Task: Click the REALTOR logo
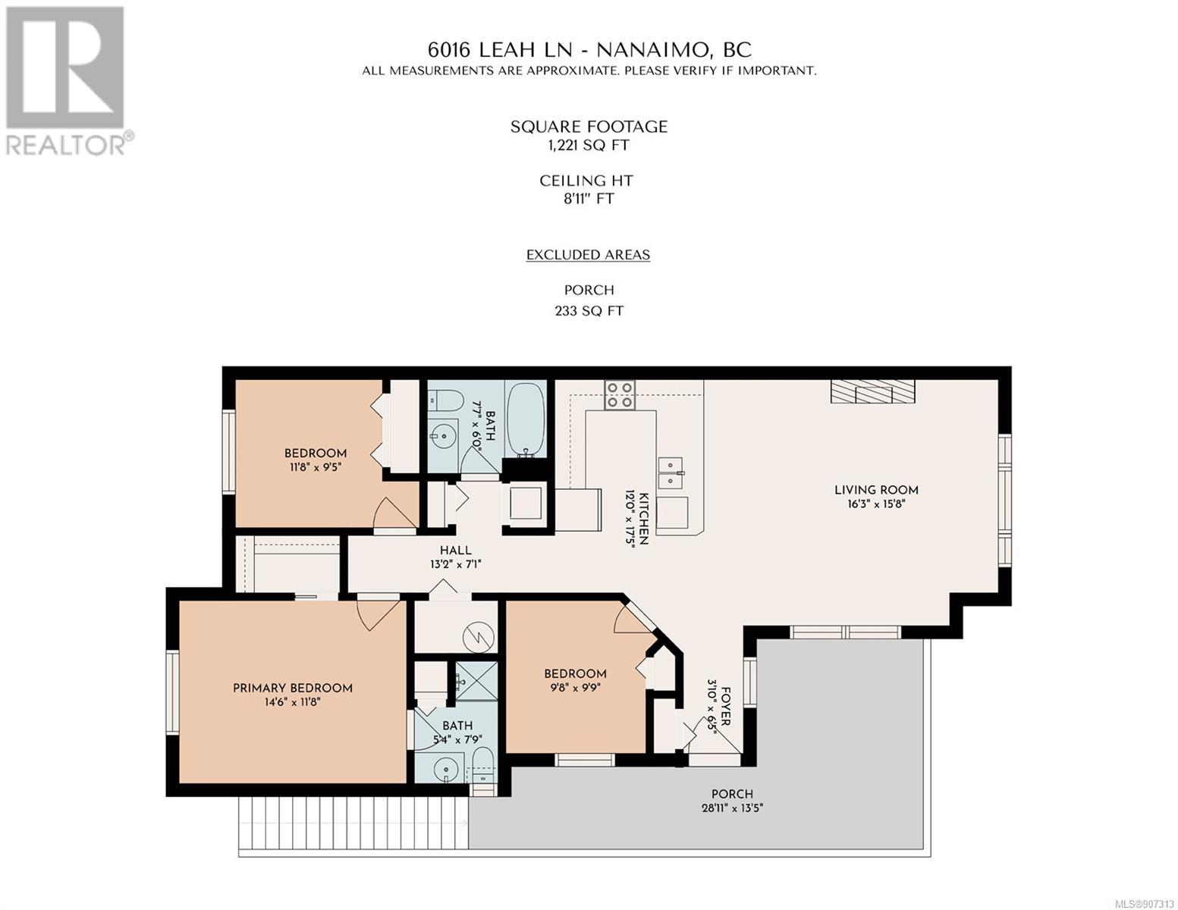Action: (x=68, y=81)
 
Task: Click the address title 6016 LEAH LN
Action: (x=499, y=50)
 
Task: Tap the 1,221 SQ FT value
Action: (x=588, y=146)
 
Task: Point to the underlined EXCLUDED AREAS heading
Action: (x=588, y=255)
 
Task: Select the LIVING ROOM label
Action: (x=876, y=490)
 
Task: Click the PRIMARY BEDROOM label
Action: (x=292, y=688)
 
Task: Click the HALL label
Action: (x=455, y=550)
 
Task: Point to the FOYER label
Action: (x=726, y=706)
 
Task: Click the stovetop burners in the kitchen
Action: (x=620, y=394)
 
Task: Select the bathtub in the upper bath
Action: (x=526, y=419)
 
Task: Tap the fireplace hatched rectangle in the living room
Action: (x=872, y=391)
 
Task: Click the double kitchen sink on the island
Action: (x=670, y=473)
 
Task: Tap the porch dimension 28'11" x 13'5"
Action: (x=732, y=808)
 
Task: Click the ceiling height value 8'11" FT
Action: (x=588, y=199)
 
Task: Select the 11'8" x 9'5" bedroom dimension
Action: (x=315, y=467)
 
